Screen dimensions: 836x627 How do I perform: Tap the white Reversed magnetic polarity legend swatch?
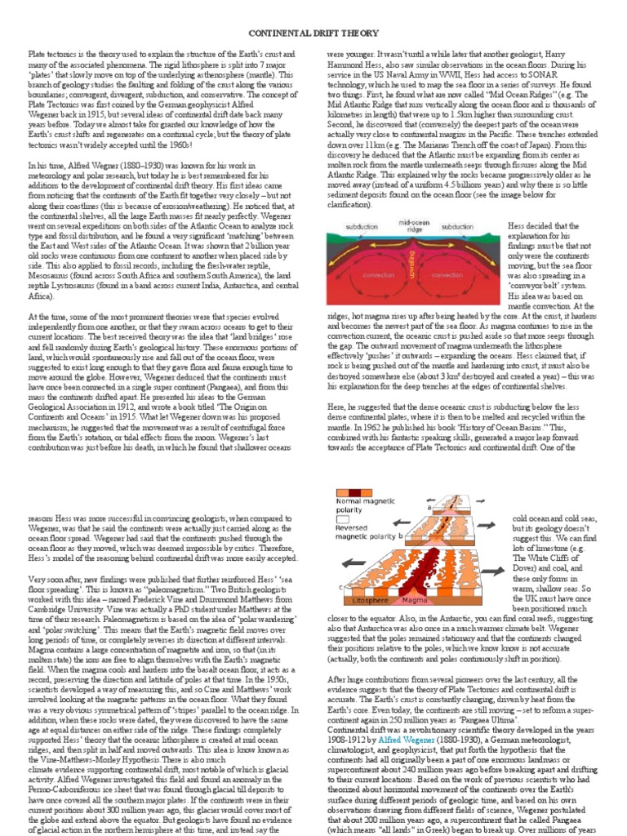[x=341, y=521]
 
